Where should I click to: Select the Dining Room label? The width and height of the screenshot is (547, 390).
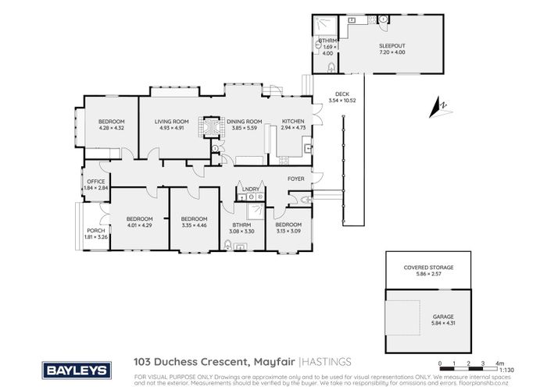click(244, 122)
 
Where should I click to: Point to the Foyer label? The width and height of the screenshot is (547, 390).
click(295, 179)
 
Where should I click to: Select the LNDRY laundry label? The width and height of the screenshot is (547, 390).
click(251, 190)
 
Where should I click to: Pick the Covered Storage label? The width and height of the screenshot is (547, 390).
click(427, 267)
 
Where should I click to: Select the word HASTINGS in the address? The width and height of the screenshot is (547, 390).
click(328, 361)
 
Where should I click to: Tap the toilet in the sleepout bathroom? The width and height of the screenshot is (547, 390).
click(328, 56)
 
